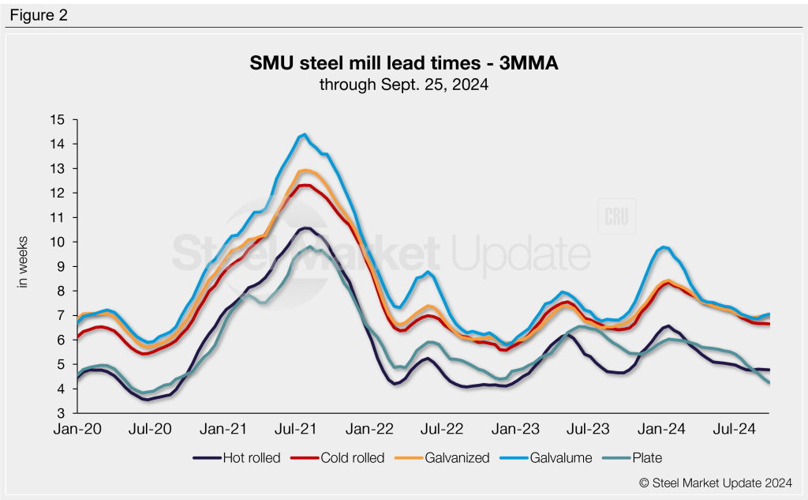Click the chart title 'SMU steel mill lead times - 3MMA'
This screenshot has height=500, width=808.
click(x=403, y=64)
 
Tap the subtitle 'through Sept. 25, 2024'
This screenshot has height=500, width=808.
click(x=403, y=85)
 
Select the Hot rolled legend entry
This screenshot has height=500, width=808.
click(x=236, y=457)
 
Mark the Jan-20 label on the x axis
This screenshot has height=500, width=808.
click(x=77, y=429)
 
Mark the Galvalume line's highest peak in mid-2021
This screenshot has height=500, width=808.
click(x=304, y=134)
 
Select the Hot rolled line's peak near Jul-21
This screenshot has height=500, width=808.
click(x=305, y=227)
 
